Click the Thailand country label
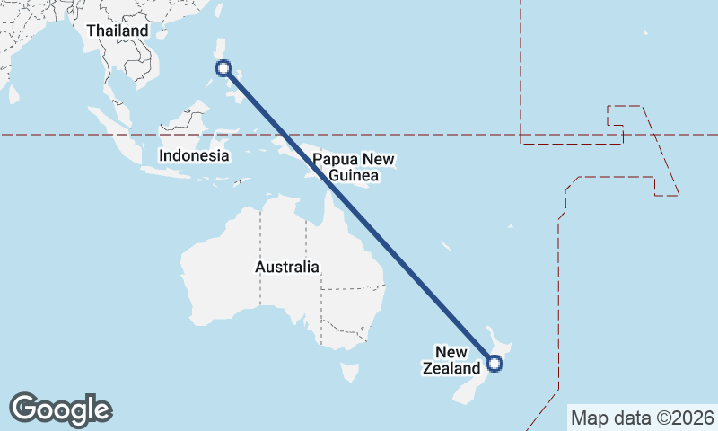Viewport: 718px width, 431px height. [x=117, y=31]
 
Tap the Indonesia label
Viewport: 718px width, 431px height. [x=194, y=155]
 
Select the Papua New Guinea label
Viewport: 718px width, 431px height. [x=354, y=168]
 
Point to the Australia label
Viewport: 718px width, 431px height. [x=286, y=267]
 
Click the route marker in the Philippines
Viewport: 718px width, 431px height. [x=223, y=68]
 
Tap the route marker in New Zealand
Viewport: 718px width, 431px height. [x=494, y=363]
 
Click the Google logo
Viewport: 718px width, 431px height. [x=60, y=409]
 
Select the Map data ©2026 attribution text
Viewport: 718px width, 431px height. [x=643, y=418]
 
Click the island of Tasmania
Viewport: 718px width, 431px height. [x=349, y=371]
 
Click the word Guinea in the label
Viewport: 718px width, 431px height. [x=354, y=176]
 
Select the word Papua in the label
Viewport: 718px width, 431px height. [x=332, y=160]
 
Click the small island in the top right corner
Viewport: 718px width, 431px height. [x=644, y=33]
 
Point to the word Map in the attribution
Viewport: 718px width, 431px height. [x=588, y=418]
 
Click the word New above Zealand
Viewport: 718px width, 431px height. [x=451, y=351]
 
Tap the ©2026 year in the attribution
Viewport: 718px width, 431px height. [x=686, y=418]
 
